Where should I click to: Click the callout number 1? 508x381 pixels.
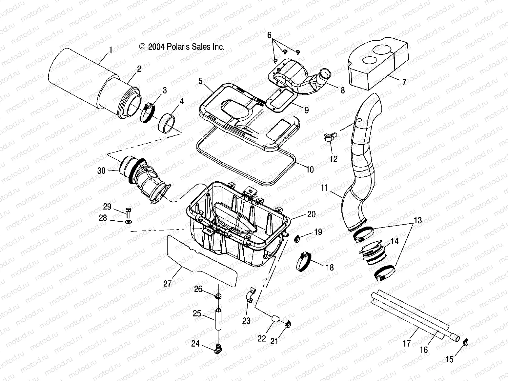[x=111, y=50]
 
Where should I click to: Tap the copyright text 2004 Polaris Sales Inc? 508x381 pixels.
[x=182, y=47]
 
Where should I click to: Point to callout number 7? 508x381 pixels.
[x=404, y=82]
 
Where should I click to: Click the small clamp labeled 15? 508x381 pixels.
[x=465, y=343]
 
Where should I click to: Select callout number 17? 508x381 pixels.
[x=407, y=344]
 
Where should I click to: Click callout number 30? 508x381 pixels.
[x=101, y=171]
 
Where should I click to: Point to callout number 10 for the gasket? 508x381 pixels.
[x=310, y=170]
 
